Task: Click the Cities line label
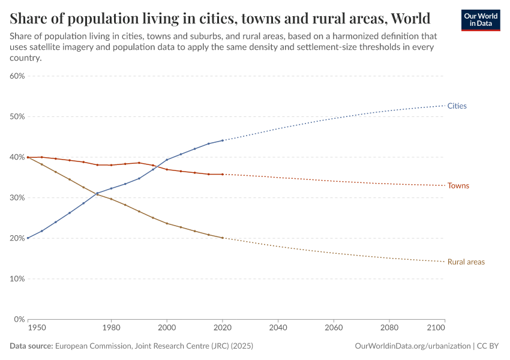[x=457, y=106]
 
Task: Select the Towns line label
[x=458, y=185]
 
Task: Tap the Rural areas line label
[x=466, y=262]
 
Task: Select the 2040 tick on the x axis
[x=278, y=328]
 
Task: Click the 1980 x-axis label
[x=111, y=328]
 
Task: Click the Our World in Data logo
[x=480, y=20]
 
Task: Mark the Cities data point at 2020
[x=223, y=140]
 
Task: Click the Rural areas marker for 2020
[x=223, y=238]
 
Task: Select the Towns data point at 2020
[x=223, y=175]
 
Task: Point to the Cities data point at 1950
[x=28, y=238]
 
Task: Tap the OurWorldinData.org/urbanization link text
[x=413, y=346]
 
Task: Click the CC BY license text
[x=488, y=346]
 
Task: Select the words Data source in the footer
[x=31, y=346]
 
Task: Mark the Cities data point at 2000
[x=167, y=160]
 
